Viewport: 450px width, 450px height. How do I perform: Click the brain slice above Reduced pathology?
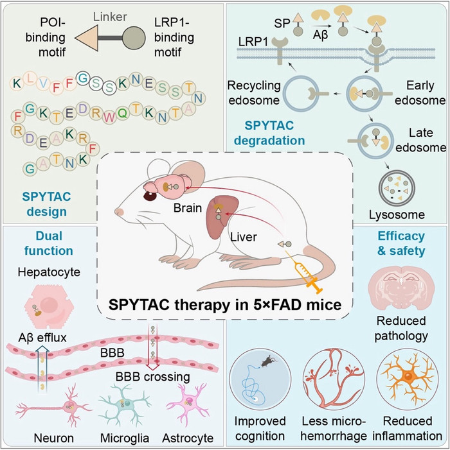(x=400, y=281)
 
